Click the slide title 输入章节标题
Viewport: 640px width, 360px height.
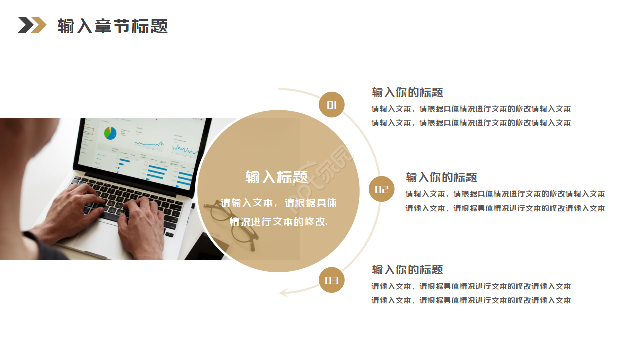click(112, 26)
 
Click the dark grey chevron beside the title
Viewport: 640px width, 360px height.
click(25, 25)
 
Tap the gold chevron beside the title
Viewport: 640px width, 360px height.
click(39, 25)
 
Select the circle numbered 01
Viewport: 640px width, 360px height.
click(332, 105)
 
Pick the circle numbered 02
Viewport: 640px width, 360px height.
click(381, 189)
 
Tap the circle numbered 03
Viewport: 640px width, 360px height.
click(332, 280)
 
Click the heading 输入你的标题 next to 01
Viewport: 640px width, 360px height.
click(407, 92)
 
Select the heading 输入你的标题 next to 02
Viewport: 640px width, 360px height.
click(441, 177)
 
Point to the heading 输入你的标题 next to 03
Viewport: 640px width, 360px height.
click(407, 270)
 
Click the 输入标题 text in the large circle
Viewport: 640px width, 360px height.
click(276, 177)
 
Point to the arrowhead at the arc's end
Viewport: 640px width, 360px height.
click(284, 292)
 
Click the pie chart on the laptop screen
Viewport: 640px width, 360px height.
click(110, 133)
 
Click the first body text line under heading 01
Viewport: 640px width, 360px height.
click(471, 109)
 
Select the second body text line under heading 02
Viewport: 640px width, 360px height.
click(505, 208)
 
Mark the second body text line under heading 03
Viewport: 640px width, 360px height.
click(471, 300)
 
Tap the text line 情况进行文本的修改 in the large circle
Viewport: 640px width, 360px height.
click(278, 221)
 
